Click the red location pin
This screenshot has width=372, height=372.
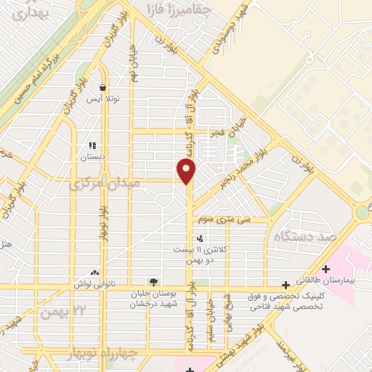pyautogui.click(x=187, y=170)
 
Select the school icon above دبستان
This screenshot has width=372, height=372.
pyautogui.click(x=92, y=145)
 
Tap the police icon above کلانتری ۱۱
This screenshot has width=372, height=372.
pyautogui.click(x=199, y=238)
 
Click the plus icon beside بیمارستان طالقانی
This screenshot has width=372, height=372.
pyautogui.click(x=325, y=269)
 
